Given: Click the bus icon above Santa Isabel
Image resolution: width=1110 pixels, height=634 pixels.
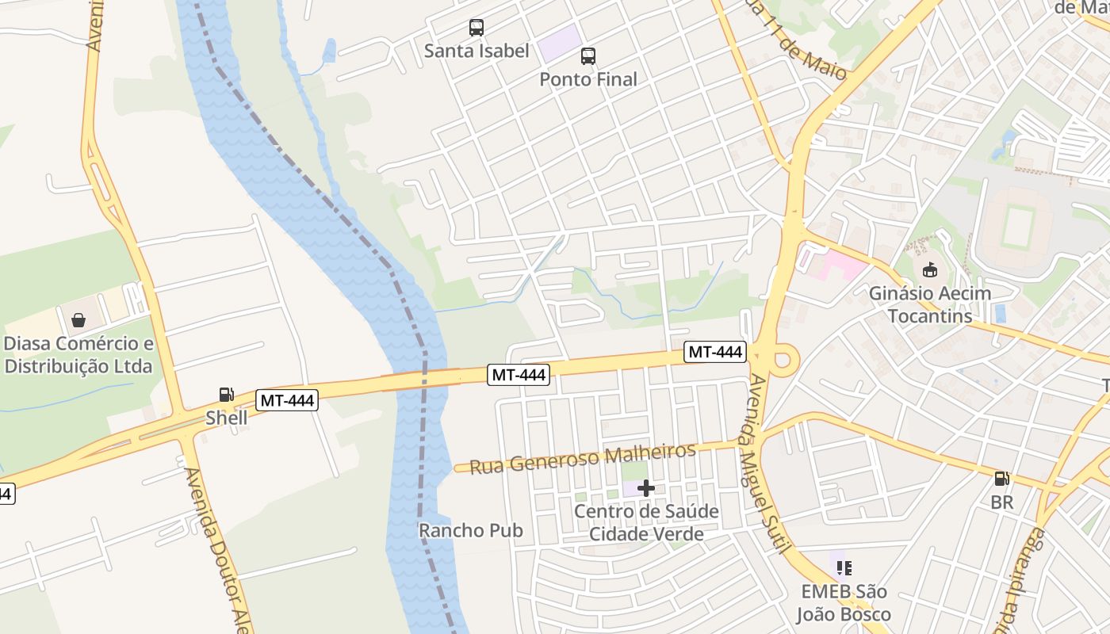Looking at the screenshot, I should pyautogui.click(x=476, y=28).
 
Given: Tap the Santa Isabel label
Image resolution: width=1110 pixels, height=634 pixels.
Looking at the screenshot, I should pyautogui.click(x=476, y=51).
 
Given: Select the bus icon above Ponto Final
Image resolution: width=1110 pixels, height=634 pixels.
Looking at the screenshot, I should pyautogui.click(x=588, y=56).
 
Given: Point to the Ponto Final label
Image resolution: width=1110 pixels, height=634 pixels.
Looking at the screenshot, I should pyautogui.click(x=588, y=79).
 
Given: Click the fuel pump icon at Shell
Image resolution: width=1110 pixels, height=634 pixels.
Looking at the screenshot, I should pyautogui.click(x=226, y=395).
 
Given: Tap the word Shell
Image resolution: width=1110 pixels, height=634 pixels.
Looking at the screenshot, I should pyautogui.click(x=227, y=418).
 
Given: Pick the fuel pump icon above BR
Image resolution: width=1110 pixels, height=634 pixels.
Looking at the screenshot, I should pyautogui.click(x=1002, y=479).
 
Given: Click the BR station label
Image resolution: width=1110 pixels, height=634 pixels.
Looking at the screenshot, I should pyautogui.click(x=1002, y=502).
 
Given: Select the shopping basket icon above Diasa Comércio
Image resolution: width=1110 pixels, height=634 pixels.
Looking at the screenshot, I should pyautogui.click(x=78, y=320).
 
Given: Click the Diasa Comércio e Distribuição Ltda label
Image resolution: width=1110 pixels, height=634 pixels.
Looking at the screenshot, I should pyautogui.click(x=78, y=355).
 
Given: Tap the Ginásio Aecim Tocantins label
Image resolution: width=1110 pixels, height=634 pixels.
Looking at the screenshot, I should pyautogui.click(x=930, y=304).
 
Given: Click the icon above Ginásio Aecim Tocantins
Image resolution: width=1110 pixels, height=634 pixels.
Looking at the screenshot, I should pyautogui.click(x=929, y=270).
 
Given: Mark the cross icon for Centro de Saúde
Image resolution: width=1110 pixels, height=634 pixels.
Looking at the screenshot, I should pyautogui.click(x=646, y=488).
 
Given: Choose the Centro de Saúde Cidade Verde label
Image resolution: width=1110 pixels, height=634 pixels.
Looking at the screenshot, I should pyautogui.click(x=646, y=522).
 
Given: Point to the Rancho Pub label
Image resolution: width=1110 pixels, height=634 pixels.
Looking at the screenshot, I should pyautogui.click(x=471, y=530).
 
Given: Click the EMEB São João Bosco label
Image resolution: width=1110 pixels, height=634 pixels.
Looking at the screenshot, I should pyautogui.click(x=844, y=603).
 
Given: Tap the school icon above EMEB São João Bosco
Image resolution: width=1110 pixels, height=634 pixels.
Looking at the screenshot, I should pyautogui.click(x=844, y=567).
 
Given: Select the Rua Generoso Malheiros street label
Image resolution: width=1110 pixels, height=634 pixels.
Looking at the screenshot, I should pyautogui.click(x=583, y=458).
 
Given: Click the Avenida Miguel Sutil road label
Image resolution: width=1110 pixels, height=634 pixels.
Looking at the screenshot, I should pyautogui.click(x=767, y=464).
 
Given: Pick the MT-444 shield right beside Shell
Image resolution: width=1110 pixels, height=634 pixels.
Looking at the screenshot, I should pyautogui.click(x=287, y=401).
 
